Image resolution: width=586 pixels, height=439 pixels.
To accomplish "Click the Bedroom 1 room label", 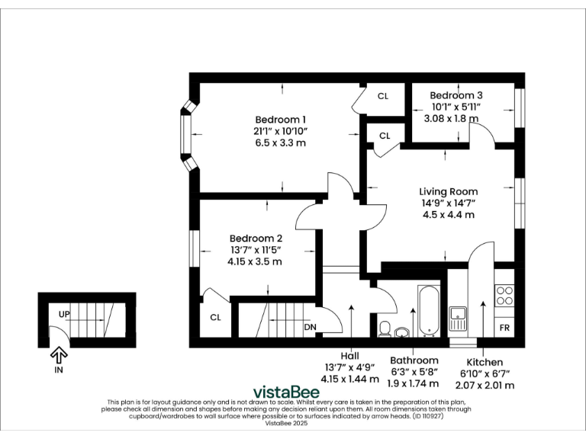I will point(280,120).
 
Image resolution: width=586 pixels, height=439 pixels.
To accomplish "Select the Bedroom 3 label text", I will point(456,95).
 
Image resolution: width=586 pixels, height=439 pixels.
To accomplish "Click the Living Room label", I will point(449,191).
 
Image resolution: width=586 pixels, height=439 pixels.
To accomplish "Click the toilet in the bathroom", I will point(385,328).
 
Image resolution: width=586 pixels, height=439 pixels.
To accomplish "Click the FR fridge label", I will point(504,328).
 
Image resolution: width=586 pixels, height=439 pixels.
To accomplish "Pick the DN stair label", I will point(311,328).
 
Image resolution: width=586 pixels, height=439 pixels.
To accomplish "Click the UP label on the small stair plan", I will point(64,314).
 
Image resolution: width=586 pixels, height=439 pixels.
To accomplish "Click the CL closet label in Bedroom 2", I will point(215,318).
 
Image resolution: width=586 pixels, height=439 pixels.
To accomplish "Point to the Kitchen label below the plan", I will point(485,362).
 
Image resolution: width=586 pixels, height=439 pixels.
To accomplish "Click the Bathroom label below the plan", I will point(414,360).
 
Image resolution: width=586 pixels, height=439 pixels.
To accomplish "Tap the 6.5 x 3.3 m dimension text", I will point(280,143).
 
